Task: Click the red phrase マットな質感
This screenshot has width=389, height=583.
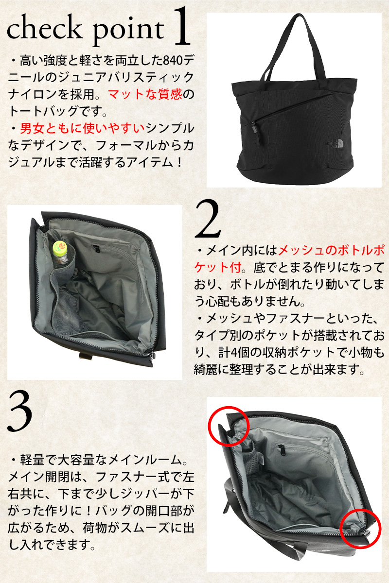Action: tap(144, 94)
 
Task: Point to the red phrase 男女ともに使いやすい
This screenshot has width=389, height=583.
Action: tap(82, 128)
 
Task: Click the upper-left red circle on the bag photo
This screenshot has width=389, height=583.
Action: tap(228, 426)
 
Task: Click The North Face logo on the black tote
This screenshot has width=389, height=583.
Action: tap(338, 142)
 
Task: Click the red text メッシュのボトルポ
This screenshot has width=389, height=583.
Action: tap(331, 251)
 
